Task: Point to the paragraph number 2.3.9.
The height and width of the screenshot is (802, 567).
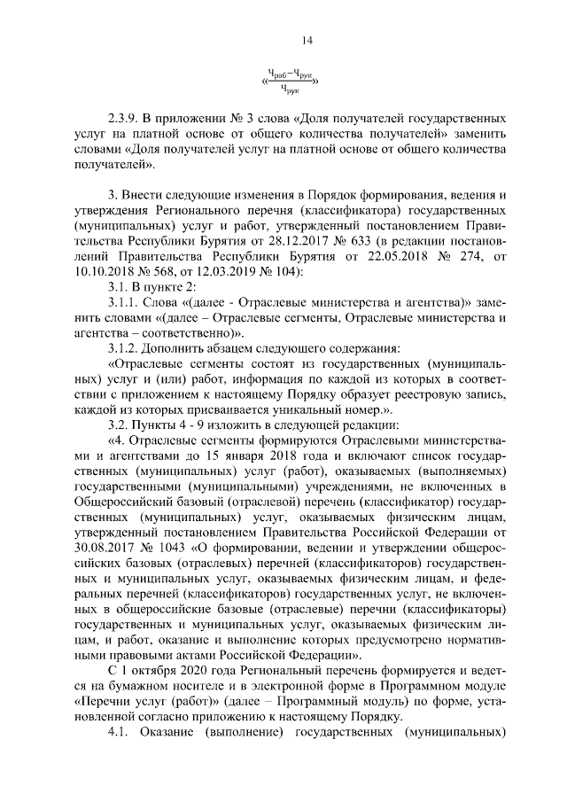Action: pos(124,118)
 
